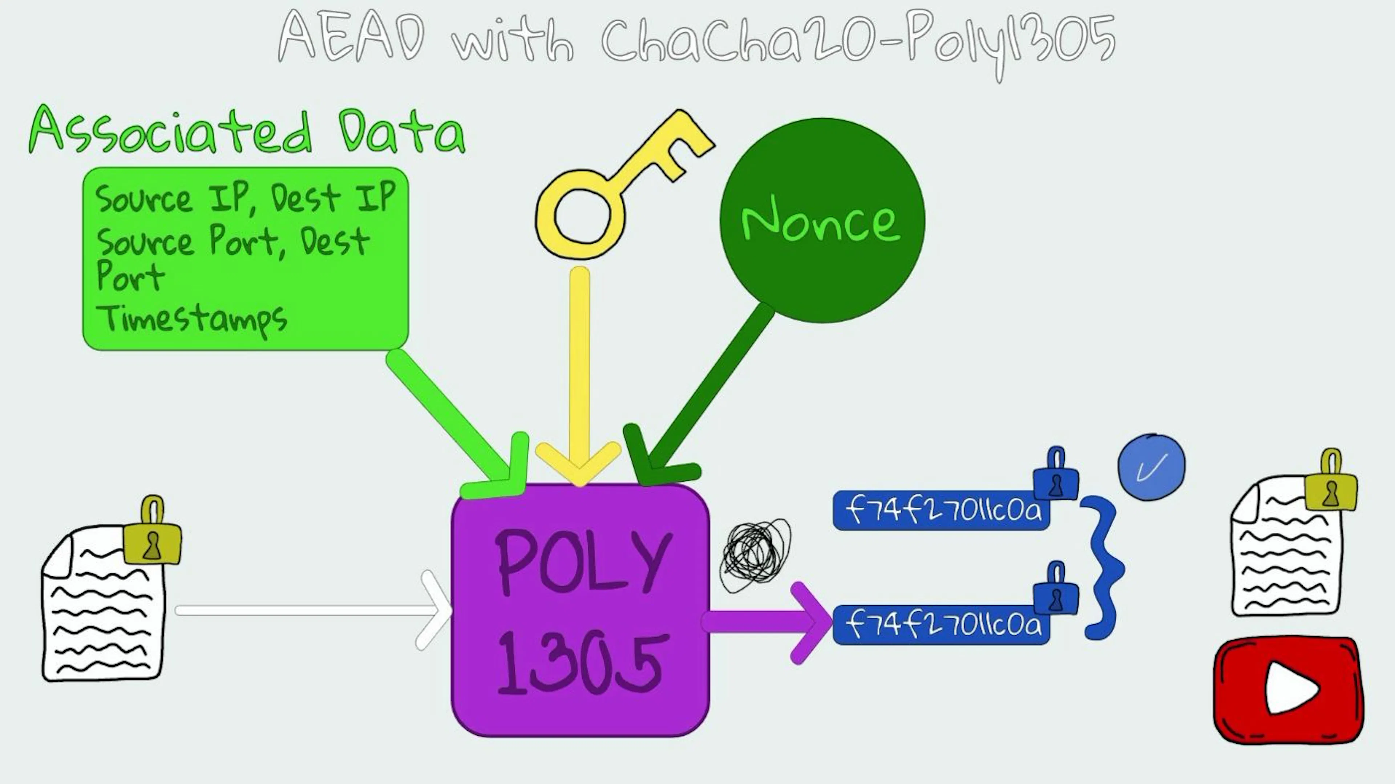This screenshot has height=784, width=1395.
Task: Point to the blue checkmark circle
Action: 1151,467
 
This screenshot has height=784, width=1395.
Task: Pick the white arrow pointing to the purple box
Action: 309,610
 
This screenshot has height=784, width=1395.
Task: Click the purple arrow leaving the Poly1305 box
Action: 769,622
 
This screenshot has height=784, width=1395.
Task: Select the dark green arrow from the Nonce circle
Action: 704,390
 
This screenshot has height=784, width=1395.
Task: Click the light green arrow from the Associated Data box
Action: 449,417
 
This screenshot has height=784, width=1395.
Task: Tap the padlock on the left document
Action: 153,536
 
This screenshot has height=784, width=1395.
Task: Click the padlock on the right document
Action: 1331,487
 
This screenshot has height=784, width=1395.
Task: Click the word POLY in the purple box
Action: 582,563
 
